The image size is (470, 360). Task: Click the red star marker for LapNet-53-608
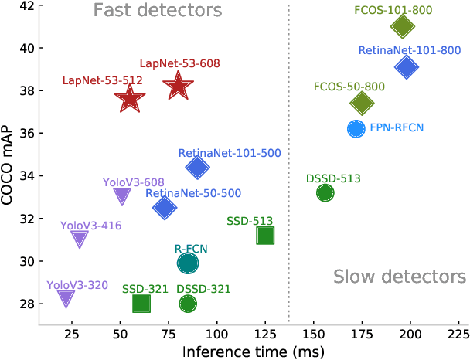pyautogui.click(x=178, y=86)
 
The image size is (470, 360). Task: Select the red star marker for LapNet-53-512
pyautogui.click(x=130, y=99)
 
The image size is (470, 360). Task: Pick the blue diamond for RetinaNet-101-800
pyautogui.click(x=407, y=67)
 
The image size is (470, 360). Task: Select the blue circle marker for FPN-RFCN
pyautogui.click(x=356, y=129)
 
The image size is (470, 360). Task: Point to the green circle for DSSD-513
pyautogui.click(x=325, y=193)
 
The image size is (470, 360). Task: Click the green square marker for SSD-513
pyautogui.click(x=265, y=235)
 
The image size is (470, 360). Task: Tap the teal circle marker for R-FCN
pyautogui.click(x=188, y=263)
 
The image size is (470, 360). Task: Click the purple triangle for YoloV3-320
pyautogui.click(x=66, y=299)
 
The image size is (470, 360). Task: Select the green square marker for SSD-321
pyautogui.click(x=141, y=304)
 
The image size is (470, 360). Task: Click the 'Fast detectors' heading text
pyautogui.click(x=158, y=11)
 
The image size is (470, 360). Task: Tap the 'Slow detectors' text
pyautogui.click(x=400, y=277)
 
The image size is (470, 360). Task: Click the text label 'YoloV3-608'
pyautogui.click(x=133, y=183)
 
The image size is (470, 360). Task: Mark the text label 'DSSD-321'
pyautogui.click(x=204, y=288)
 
